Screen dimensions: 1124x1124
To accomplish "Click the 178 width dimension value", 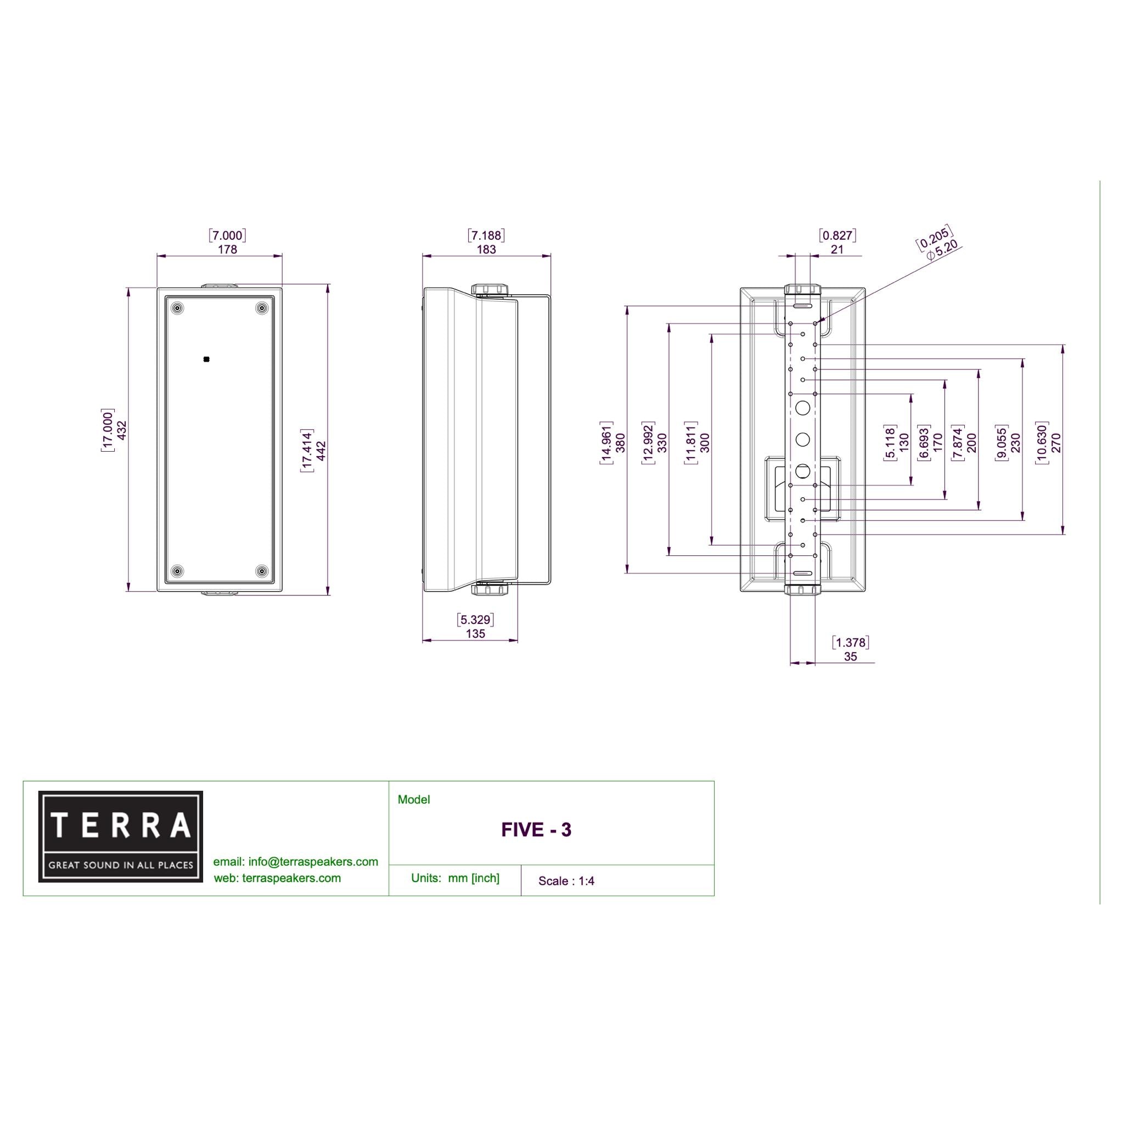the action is (x=227, y=249).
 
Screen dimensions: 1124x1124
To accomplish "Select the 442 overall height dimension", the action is (x=321, y=451).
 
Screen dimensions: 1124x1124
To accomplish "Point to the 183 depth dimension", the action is (x=486, y=249).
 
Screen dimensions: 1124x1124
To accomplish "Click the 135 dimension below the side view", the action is (x=476, y=633).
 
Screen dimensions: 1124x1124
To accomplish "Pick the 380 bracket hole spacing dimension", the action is (x=621, y=443).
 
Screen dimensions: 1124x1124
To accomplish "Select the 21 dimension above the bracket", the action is (x=836, y=249).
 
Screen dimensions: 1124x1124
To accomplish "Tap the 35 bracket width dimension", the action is (x=851, y=656).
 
